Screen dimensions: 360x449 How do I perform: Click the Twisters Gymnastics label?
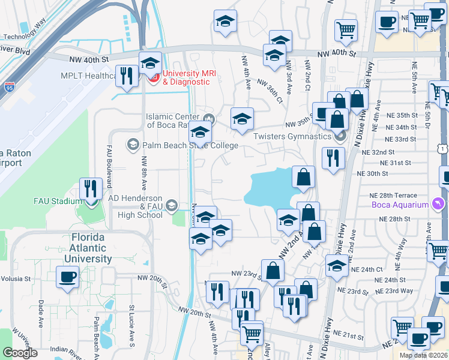pyautogui.click(x=292, y=136)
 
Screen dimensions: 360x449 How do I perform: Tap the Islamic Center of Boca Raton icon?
pyautogui.click(x=209, y=118)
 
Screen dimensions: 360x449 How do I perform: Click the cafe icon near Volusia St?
pyautogui.click(x=67, y=277)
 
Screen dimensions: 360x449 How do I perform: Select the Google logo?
pyautogui.click(x=20, y=353)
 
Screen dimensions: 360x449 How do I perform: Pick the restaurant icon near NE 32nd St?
pyautogui.click(x=332, y=157)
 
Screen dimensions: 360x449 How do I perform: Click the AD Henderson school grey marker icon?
pyautogui.click(x=171, y=205)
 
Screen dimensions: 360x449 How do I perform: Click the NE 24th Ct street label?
pyautogui.click(x=367, y=269)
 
